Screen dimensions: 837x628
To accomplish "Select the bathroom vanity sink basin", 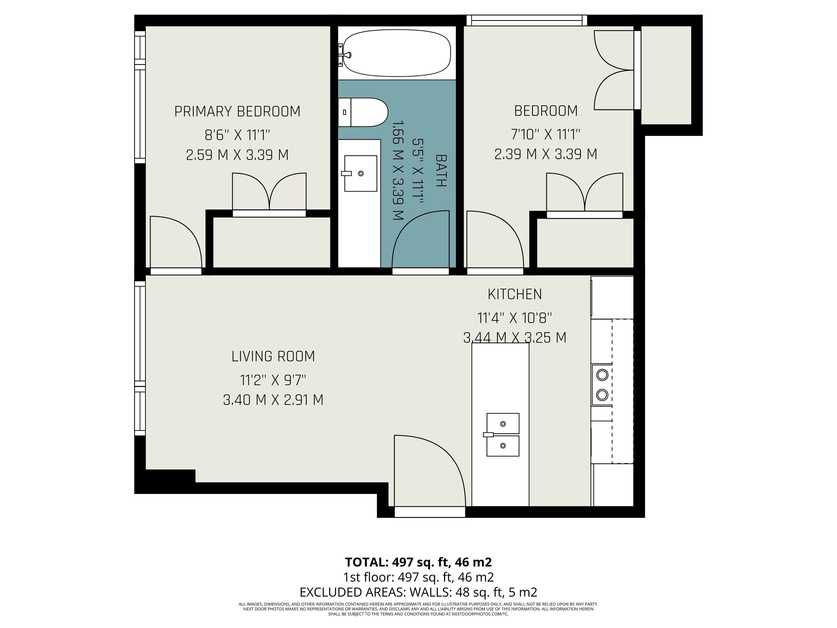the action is tap(360, 173).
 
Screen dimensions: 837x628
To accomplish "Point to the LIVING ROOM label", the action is tap(273, 356).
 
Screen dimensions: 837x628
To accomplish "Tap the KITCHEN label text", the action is tap(515, 294).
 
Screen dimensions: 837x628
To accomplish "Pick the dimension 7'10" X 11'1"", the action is tap(546, 134).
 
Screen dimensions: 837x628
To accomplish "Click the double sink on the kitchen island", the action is tap(502, 435).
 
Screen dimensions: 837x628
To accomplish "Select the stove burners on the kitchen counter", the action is tap(602, 385).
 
